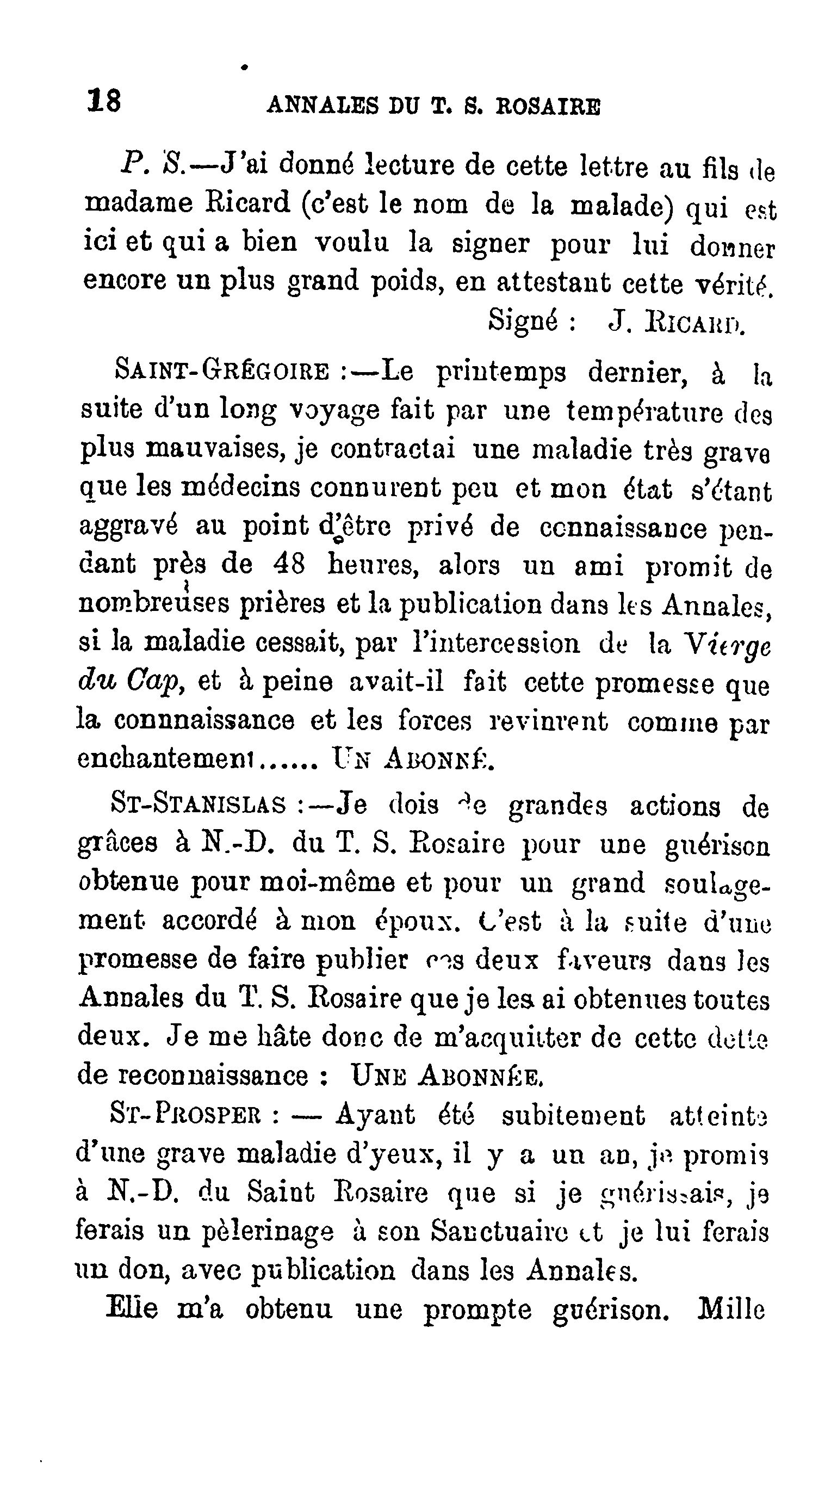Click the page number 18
[x=104, y=101]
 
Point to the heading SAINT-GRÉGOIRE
[x=222, y=370]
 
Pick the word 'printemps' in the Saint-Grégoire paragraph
[x=500, y=373]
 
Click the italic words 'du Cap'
[x=129, y=682]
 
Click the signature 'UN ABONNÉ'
[x=413, y=758]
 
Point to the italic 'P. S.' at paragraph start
[x=153, y=165]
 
